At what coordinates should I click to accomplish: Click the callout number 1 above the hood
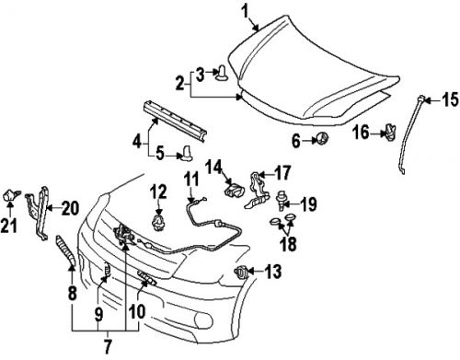pyautogui.click(x=245, y=12)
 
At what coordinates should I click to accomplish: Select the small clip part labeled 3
pyautogui.click(x=222, y=73)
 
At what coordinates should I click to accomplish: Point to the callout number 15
pyautogui.click(x=450, y=99)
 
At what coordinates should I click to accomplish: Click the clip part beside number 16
pyautogui.click(x=390, y=133)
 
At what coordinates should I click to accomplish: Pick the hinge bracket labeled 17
pyautogui.click(x=257, y=191)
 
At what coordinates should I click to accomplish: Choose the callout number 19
pyautogui.click(x=307, y=204)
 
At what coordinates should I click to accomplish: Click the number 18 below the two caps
pyautogui.click(x=288, y=243)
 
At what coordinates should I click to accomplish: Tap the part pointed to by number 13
pyautogui.click(x=241, y=273)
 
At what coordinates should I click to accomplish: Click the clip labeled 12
pyautogui.click(x=159, y=224)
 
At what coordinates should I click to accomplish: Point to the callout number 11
pyautogui.click(x=191, y=179)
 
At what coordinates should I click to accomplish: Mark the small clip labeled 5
pyautogui.click(x=187, y=152)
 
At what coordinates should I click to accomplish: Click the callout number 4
pyautogui.click(x=137, y=142)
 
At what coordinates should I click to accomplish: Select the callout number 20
pyautogui.click(x=70, y=208)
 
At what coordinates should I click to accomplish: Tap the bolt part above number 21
pyautogui.click(x=11, y=195)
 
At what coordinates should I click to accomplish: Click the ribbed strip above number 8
pyautogui.click(x=65, y=250)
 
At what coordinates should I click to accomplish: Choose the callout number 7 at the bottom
pyautogui.click(x=108, y=346)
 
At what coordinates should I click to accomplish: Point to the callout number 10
pyautogui.click(x=137, y=311)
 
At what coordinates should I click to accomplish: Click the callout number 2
pyautogui.click(x=180, y=84)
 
